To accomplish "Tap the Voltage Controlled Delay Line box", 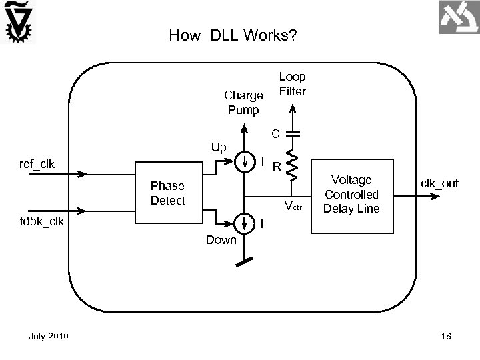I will click(x=351, y=194).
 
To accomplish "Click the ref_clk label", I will click(x=37, y=164).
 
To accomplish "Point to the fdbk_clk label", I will click(x=41, y=221).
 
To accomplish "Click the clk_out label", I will click(x=439, y=183).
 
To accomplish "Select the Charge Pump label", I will click(x=243, y=102).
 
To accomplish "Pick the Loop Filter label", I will click(x=292, y=84).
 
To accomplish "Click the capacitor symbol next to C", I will click(x=291, y=133).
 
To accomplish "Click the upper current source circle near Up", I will click(x=244, y=160).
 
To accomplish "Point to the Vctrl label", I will click(x=293, y=205).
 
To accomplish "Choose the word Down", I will click(x=220, y=239).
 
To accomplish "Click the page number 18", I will click(x=446, y=336).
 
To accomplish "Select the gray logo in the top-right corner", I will click(x=459, y=17).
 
